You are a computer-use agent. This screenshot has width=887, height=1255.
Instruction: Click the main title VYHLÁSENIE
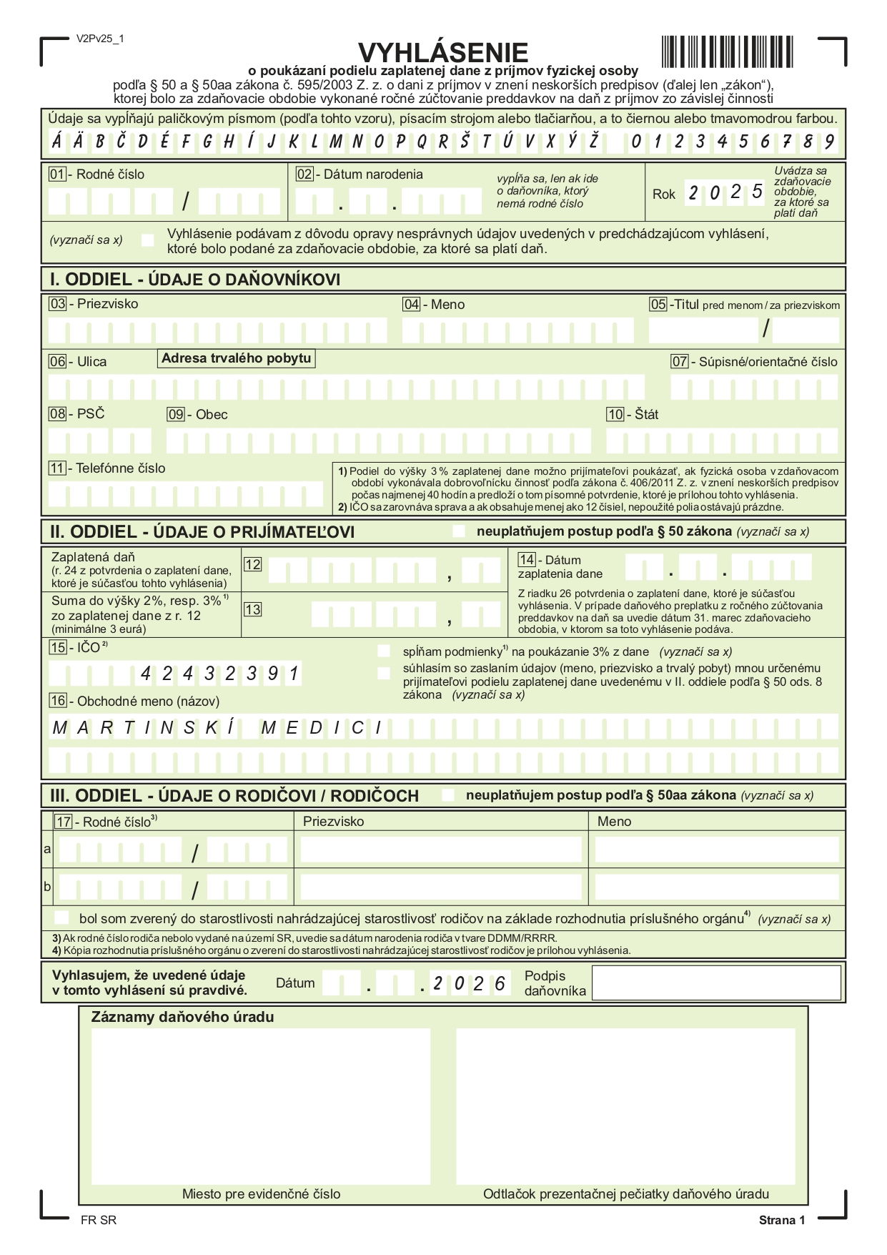[442, 52]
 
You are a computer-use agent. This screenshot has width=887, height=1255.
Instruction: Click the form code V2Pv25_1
[100, 39]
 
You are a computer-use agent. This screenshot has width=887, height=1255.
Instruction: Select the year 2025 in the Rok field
[725, 193]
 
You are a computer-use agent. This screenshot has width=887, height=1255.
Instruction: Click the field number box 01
[57, 174]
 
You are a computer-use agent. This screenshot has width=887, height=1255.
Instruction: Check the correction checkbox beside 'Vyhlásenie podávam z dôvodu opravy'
[148, 240]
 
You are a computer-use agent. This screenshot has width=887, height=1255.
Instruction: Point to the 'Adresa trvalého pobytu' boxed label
[236, 358]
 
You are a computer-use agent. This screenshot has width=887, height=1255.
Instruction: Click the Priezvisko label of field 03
[107, 304]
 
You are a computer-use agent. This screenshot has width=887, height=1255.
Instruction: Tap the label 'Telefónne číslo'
[120, 468]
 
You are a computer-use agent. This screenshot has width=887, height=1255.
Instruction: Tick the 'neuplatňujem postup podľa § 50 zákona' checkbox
[459, 531]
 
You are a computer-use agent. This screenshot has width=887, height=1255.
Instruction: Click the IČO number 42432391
[219, 673]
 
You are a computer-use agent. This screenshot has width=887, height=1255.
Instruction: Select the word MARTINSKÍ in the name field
[144, 729]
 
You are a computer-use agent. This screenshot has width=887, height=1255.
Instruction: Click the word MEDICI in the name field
[322, 729]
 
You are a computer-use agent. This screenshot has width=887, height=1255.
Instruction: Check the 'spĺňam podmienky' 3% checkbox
[384, 651]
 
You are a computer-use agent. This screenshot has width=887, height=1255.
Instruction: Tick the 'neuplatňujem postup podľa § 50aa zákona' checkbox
[448, 795]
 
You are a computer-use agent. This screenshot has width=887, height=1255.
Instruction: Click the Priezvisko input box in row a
[440, 850]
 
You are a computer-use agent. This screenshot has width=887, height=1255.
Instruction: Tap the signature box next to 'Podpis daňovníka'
[716, 983]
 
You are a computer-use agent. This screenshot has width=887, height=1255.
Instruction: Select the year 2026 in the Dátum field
[470, 984]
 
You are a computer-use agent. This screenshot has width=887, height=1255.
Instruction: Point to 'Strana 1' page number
[781, 1220]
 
